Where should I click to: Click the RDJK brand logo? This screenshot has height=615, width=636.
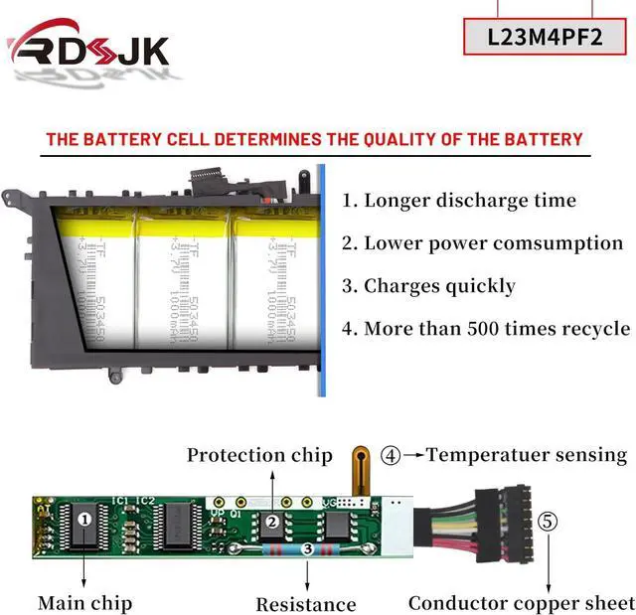pyautogui.click(x=89, y=50)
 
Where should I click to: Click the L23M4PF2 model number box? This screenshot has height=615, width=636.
pyautogui.click(x=545, y=37)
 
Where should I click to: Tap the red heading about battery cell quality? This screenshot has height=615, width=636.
pyautogui.click(x=314, y=139)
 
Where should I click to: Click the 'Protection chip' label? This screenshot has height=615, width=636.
pyautogui.click(x=259, y=455)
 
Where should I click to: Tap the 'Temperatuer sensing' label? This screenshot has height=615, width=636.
pyautogui.click(x=527, y=455)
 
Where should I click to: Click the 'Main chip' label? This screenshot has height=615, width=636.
pyautogui.click(x=84, y=602)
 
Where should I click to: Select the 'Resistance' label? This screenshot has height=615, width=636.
pyautogui.click(x=306, y=604)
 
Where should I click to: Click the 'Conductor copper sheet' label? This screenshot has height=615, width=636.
pyautogui.click(x=521, y=603)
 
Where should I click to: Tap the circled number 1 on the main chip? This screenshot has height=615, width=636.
pyautogui.click(x=85, y=518)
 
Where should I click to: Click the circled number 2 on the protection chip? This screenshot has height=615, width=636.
pyautogui.click(x=270, y=522)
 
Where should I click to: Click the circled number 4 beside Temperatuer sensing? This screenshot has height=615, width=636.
pyautogui.click(x=392, y=455)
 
